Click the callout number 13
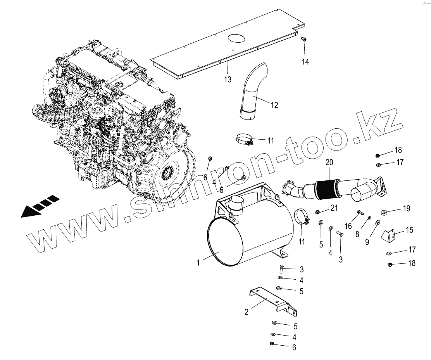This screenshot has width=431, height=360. point(228,80)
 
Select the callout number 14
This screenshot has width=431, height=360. point(306,62)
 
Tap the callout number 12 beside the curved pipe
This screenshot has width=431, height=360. point(274,105)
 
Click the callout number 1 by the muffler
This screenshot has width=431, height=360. point(198,263)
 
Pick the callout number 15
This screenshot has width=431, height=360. point(410,230)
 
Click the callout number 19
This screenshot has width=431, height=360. point(406,209)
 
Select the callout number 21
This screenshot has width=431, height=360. point(334,208)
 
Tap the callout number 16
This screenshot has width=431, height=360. point(348,226)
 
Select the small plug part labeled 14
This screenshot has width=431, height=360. point(304,39)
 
